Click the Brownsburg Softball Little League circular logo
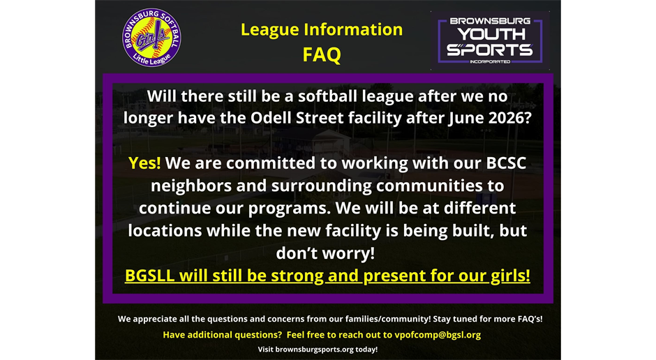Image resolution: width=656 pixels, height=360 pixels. [x=151, y=37]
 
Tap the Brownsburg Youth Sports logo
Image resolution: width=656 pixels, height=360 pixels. [x=490, y=40]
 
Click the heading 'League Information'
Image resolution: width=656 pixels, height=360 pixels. [x=322, y=30]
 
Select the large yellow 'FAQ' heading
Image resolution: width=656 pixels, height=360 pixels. [x=322, y=55]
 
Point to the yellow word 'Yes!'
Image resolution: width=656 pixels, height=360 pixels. [x=144, y=163]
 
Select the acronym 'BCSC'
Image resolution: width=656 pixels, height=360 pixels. [x=506, y=163]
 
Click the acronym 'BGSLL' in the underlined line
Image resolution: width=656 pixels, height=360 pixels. [x=149, y=276]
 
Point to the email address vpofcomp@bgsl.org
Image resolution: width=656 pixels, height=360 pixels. [x=438, y=335]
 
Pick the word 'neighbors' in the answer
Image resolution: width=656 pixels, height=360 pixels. [x=191, y=185]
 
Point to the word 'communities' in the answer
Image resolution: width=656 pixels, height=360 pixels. [x=429, y=185]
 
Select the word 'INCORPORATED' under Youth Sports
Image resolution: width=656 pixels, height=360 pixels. [x=490, y=61]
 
